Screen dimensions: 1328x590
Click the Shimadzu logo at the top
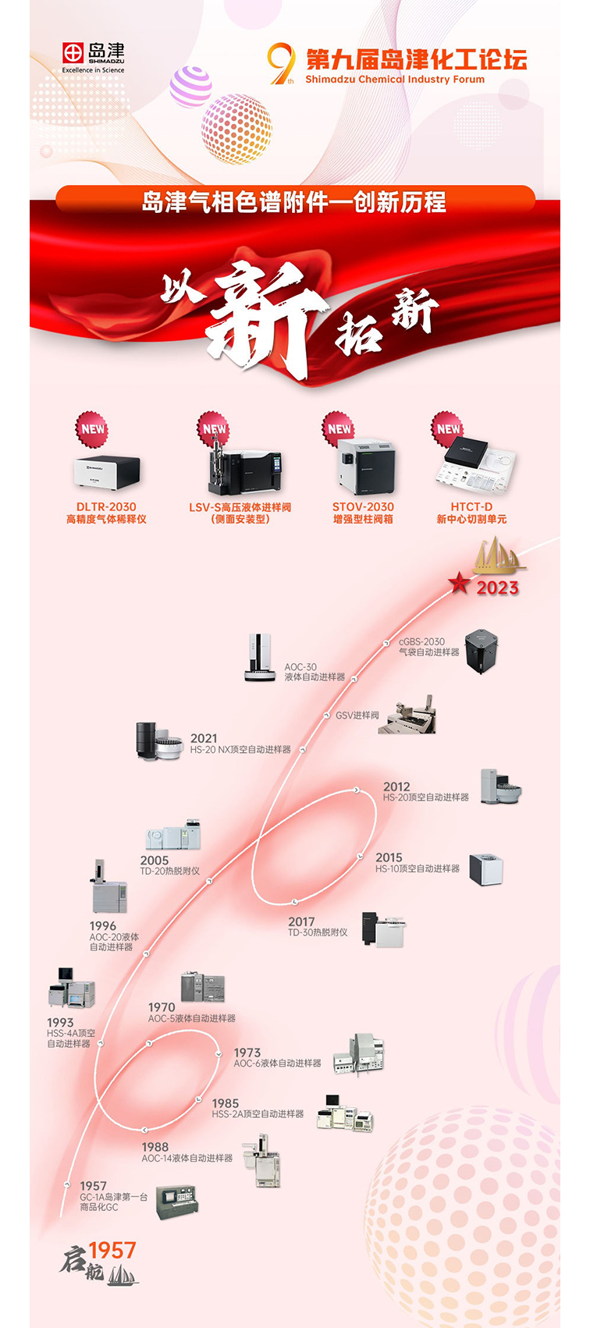93,57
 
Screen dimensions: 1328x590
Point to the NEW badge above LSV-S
214,428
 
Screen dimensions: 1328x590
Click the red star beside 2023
460,583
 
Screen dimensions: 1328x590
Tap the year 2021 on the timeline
204,738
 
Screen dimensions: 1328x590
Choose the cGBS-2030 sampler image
482,652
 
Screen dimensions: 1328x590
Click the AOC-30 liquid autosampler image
261,658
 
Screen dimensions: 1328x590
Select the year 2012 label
396,787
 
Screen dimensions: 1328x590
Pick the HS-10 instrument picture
486,869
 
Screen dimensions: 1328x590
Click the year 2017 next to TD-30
301,921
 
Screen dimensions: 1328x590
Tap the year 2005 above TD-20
155,860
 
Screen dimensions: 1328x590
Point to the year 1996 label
102,925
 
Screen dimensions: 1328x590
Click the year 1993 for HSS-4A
60,1022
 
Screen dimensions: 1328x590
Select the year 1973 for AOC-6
247,1053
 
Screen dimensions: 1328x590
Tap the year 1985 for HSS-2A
226,1103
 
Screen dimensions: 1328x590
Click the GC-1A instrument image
177,1202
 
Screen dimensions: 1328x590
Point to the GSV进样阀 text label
357,715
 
